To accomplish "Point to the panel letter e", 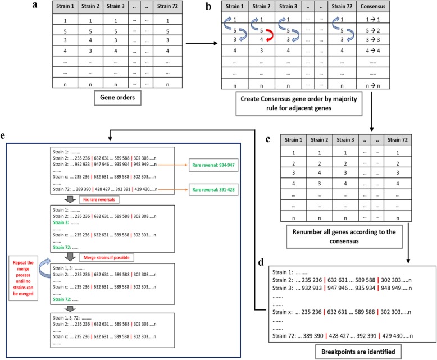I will tap(5, 137).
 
